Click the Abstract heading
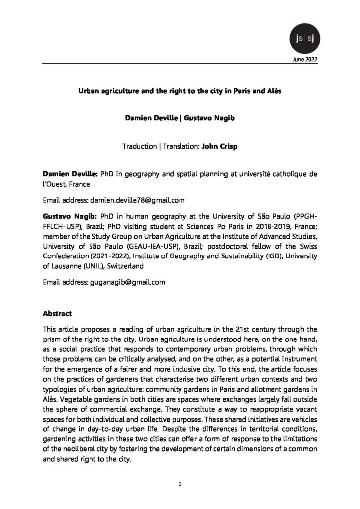coord(58,314)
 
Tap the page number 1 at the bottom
coord(180,483)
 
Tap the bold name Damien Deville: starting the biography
coord(64,175)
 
